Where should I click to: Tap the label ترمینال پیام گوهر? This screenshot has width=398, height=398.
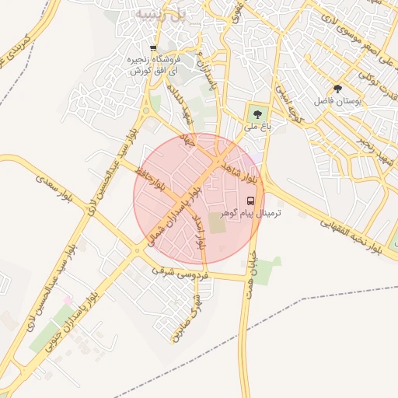pyautogui.click(x=250, y=212)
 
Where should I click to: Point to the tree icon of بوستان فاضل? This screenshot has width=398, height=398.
pyautogui.click(x=337, y=89)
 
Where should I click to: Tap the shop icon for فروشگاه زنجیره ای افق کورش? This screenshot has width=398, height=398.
pyautogui.click(x=153, y=48)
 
